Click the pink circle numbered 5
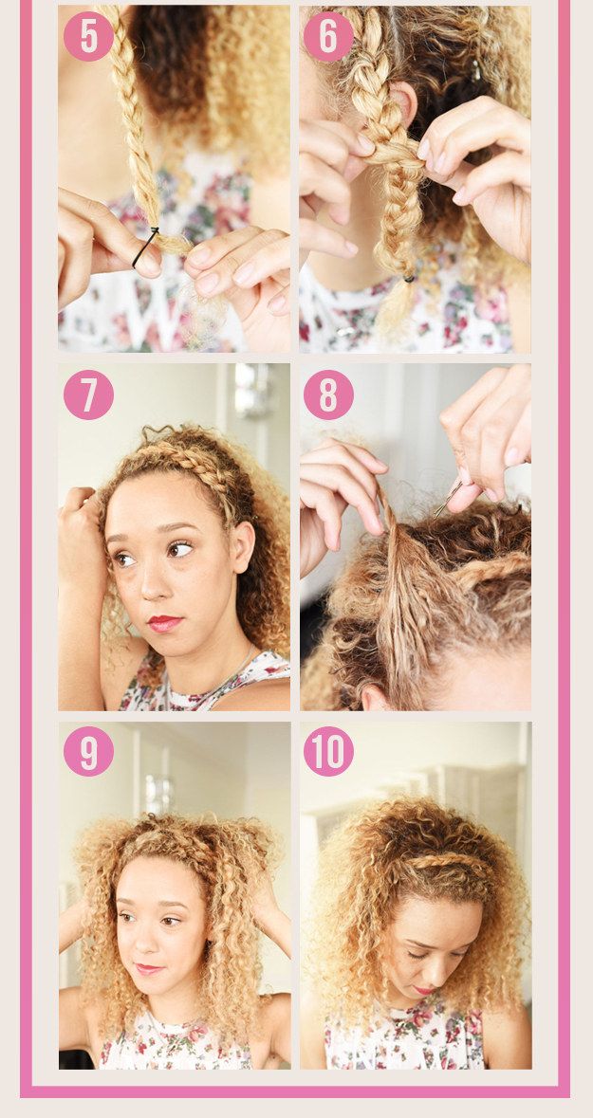(x=88, y=36)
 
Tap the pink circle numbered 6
(x=328, y=36)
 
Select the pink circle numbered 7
(x=88, y=394)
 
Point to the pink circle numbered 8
(x=328, y=394)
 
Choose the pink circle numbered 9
(x=88, y=751)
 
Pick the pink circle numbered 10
(x=328, y=751)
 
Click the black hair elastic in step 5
(x=146, y=246)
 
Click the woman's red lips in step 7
(x=164, y=623)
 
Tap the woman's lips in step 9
(x=148, y=968)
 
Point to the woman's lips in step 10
(x=424, y=990)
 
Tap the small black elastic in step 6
(x=408, y=279)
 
